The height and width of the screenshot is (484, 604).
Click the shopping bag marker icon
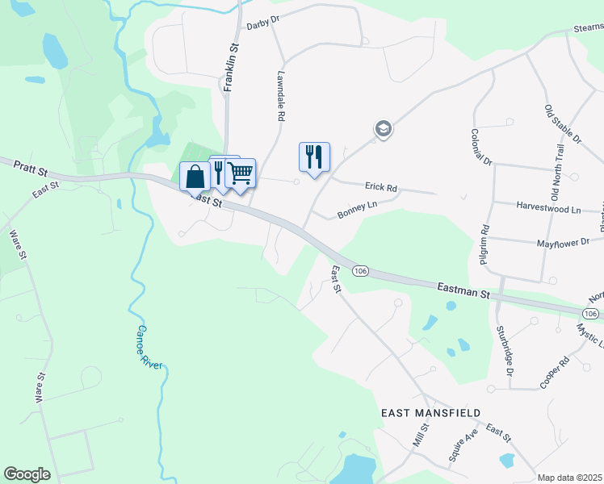click(195, 175)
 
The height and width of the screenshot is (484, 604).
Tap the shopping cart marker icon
click(241, 172)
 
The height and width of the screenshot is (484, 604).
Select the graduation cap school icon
click(382, 128)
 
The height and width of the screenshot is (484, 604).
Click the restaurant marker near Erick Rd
click(314, 156)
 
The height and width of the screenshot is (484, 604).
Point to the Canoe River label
click(149, 347)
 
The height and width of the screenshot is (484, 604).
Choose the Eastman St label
click(463, 291)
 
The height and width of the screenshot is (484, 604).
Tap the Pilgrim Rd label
click(484, 244)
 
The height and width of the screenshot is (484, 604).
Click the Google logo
click(27, 474)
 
